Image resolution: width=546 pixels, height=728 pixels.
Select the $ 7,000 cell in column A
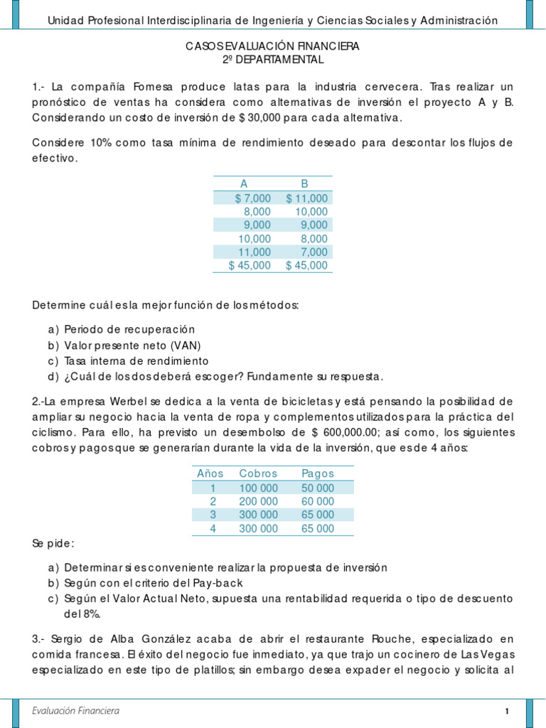click(252, 198)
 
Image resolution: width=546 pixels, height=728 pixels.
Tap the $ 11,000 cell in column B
click(306, 198)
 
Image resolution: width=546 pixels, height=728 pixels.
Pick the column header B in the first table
click(304, 184)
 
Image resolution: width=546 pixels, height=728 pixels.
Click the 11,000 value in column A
click(254, 252)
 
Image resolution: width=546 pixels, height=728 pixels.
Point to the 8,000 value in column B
click(314, 239)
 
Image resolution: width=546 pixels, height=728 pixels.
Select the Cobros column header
click(259, 473)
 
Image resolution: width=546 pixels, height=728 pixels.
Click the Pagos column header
click(318, 473)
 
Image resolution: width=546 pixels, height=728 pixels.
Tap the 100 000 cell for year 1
click(259, 487)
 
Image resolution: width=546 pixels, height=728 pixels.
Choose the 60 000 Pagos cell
click(318, 500)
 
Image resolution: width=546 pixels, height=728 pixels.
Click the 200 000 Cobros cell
click(259, 500)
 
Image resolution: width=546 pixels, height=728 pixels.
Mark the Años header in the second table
click(210, 473)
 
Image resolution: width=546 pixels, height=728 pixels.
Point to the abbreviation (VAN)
click(185, 346)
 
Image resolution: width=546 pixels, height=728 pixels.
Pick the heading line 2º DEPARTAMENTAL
click(273, 60)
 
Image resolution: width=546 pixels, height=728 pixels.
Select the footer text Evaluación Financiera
click(76, 711)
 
